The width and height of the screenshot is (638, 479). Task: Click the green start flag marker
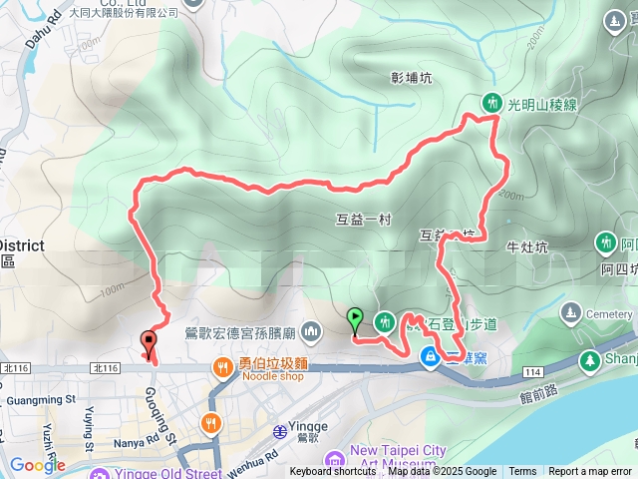coord(354,321)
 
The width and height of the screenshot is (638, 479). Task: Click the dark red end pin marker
coord(149,344)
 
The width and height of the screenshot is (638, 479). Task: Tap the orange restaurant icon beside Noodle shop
coord(222,368)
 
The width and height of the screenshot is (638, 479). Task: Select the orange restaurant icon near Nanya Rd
coord(210,422)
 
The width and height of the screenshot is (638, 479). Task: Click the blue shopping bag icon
coord(430,356)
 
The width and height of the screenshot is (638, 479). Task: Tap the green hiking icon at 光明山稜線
coord(491,102)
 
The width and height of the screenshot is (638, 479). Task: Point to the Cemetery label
coord(609,313)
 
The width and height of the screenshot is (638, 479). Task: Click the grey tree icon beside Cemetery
coord(571,311)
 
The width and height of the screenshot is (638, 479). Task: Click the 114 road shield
coord(532,372)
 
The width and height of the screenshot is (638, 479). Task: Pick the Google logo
coord(37,465)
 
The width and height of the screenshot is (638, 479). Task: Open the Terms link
coord(522,472)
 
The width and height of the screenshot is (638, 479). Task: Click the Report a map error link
coord(591,472)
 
